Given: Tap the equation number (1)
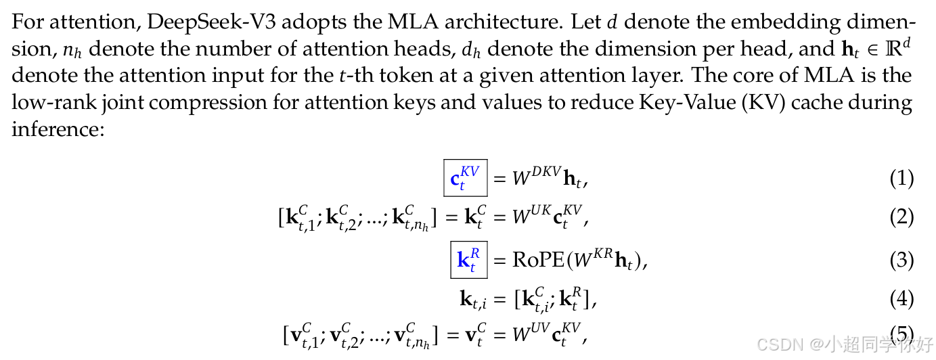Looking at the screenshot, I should (901, 179).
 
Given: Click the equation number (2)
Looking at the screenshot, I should (901, 217).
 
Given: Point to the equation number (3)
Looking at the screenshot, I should (901, 261).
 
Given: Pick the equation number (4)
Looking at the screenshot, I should (901, 298).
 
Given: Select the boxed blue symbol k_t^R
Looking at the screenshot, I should (469, 261).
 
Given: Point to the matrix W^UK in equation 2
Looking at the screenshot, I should (531, 217).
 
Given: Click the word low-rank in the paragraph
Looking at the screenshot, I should (45, 102).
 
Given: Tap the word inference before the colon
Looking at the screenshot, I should (55, 129).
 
